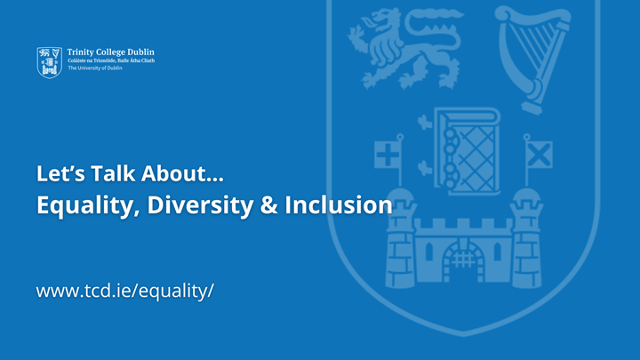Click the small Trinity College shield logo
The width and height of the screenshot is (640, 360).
[x=49, y=61]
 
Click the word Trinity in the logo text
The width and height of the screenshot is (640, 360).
[x=83, y=52]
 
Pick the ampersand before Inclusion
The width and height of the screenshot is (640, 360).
[x=267, y=204]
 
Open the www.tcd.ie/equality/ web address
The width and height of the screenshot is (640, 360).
[x=125, y=290]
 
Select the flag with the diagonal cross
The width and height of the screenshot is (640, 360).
[x=539, y=155]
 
